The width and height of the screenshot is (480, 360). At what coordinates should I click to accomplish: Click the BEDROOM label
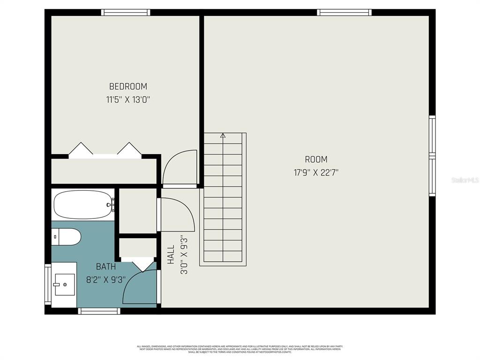point(128,86)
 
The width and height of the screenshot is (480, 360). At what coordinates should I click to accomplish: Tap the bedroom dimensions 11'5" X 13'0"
point(128,99)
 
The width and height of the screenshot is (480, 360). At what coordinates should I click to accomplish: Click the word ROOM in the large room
point(316,159)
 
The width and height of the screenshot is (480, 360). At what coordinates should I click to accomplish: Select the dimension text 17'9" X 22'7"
point(316,172)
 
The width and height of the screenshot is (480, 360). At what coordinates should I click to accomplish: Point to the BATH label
point(106,267)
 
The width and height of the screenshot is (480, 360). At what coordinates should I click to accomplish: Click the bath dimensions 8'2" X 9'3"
point(106,280)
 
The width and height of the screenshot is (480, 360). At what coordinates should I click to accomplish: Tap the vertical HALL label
point(171,255)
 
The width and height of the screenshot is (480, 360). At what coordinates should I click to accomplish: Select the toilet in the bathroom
point(66,237)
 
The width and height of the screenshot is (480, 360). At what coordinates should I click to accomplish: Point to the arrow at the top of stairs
point(223,136)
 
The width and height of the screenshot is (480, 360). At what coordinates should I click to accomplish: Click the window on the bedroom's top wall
point(126,13)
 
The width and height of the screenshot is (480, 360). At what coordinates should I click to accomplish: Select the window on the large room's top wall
point(344,13)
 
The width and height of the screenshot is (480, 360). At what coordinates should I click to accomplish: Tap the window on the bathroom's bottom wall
point(99,311)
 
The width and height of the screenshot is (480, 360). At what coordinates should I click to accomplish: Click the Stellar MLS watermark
point(465,180)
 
